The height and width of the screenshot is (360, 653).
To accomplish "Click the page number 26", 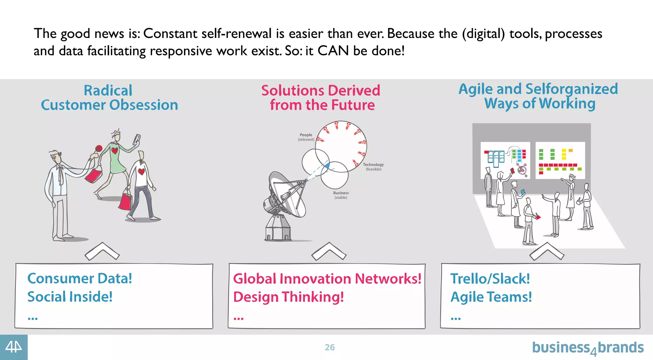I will click(330, 347).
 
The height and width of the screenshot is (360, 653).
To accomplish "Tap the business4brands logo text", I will click(587, 348).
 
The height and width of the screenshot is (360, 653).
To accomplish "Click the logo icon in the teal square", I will click(14, 347).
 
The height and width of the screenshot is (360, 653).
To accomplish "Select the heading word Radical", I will click(108, 91).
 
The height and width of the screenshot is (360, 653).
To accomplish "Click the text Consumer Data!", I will click(80, 278).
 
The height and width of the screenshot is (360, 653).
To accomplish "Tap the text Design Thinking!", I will click(289, 297).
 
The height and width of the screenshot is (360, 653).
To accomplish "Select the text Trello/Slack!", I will click(490, 279).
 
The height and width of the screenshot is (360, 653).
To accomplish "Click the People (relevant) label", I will click(306, 137).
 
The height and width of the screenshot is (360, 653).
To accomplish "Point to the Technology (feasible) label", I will click(373, 167).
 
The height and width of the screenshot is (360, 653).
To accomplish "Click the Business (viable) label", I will click(341, 195).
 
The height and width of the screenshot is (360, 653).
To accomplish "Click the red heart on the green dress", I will click(115, 150).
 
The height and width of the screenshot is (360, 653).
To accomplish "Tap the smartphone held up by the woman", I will click(137, 139).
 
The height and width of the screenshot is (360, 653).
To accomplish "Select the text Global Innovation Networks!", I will click(327, 279).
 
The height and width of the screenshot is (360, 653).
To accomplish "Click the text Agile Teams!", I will click(491, 297).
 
